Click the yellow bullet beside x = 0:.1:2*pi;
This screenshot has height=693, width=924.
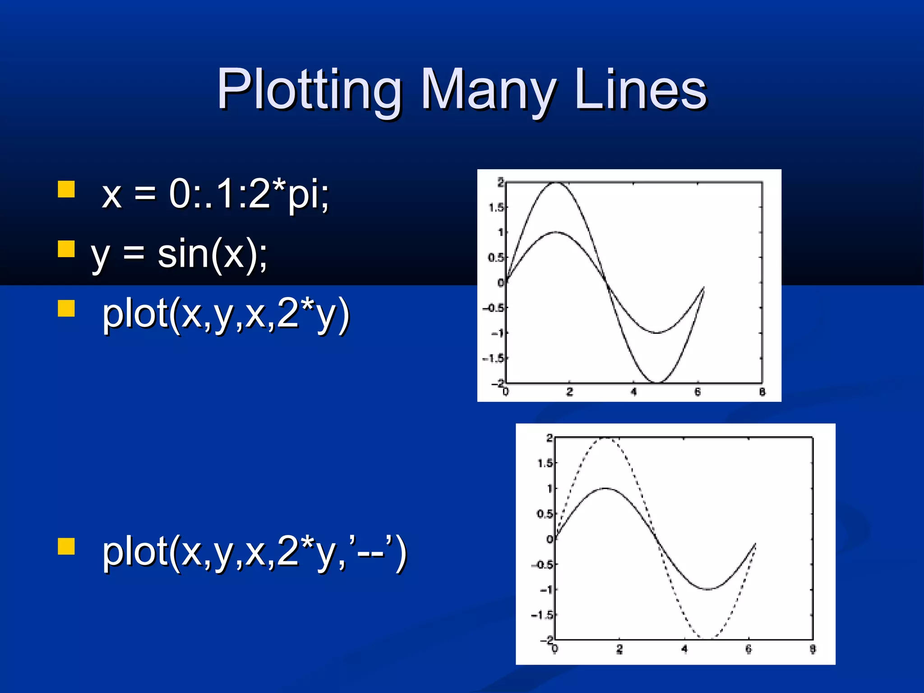pyautogui.click(x=66, y=189)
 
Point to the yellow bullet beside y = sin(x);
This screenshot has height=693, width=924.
pyautogui.click(x=66, y=249)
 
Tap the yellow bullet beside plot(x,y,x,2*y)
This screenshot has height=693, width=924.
pyautogui.click(x=66, y=309)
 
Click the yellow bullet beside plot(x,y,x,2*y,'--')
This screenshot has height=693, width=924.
pyautogui.click(x=66, y=545)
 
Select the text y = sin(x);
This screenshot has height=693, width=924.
pyautogui.click(x=179, y=254)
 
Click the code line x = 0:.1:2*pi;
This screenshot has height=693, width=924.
pyautogui.click(x=216, y=194)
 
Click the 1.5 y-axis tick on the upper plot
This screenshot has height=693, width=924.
pyautogui.click(x=496, y=208)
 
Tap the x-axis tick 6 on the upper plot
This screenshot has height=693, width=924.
pyautogui.click(x=698, y=392)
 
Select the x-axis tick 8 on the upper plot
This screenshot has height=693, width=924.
pyautogui.click(x=762, y=392)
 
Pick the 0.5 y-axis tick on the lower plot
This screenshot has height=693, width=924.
pyautogui.click(x=545, y=514)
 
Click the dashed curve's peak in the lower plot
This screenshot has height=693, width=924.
pyautogui.click(x=606, y=438)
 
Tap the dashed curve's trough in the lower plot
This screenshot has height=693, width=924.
pyautogui.click(x=707, y=638)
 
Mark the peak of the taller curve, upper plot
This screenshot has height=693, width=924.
pyautogui.click(x=556, y=183)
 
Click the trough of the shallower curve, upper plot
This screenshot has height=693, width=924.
pyautogui.click(x=657, y=333)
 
